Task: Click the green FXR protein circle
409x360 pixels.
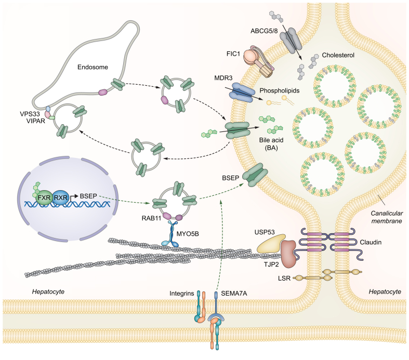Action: (x=44, y=197)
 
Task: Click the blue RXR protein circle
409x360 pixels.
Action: (x=60, y=197)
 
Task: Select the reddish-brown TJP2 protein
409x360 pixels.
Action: (x=288, y=254)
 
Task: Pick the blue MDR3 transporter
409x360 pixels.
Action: (x=241, y=92)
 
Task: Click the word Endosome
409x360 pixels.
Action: (x=93, y=67)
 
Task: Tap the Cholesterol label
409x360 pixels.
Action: (x=338, y=55)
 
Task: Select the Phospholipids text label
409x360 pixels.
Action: (x=280, y=90)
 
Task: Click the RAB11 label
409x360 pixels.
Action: (x=151, y=218)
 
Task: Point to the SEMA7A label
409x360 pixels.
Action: (x=234, y=294)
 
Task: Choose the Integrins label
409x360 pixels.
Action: (x=182, y=294)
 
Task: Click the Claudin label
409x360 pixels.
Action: (x=371, y=242)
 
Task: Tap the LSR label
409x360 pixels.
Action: (x=284, y=278)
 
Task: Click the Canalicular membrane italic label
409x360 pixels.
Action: (x=387, y=217)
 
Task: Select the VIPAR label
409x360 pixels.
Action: (x=36, y=121)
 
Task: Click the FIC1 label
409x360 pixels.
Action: (x=233, y=54)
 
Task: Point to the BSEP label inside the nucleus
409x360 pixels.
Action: (x=88, y=196)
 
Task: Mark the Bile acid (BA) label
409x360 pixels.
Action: (x=271, y=144)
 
